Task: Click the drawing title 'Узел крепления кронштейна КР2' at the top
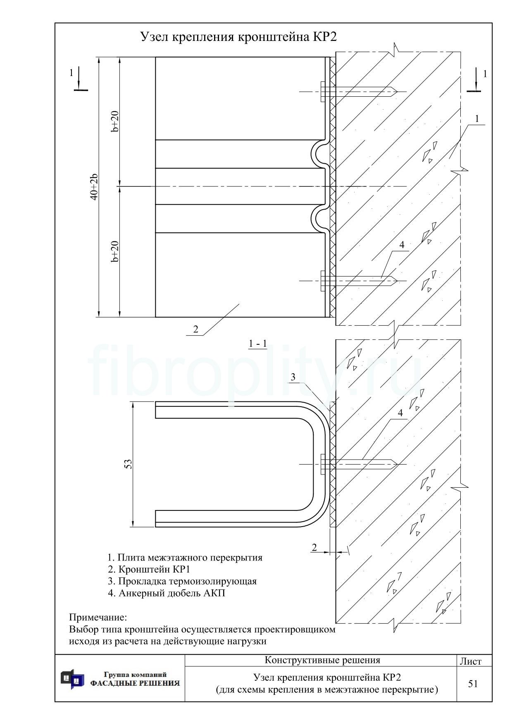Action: pos(238,37)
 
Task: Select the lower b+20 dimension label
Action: pos(115,251)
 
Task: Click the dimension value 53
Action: pos(129,464)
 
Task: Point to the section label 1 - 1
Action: pos(258,343)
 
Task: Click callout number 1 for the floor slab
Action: pos(477,119)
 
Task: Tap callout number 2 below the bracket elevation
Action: pos(195,329)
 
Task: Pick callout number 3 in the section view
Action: pos(293,377)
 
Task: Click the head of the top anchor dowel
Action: pos(322,91)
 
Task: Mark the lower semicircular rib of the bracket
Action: pos(319,219)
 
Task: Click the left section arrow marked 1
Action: pos(79,80)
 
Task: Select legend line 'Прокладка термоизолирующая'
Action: pos(182,581)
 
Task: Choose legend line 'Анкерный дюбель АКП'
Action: pos(167,593)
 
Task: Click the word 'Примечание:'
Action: pos(98,618)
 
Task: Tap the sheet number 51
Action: pos(473,684)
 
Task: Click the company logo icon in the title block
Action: pos(72,679)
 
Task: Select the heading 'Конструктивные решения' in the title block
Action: pos(322,660)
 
